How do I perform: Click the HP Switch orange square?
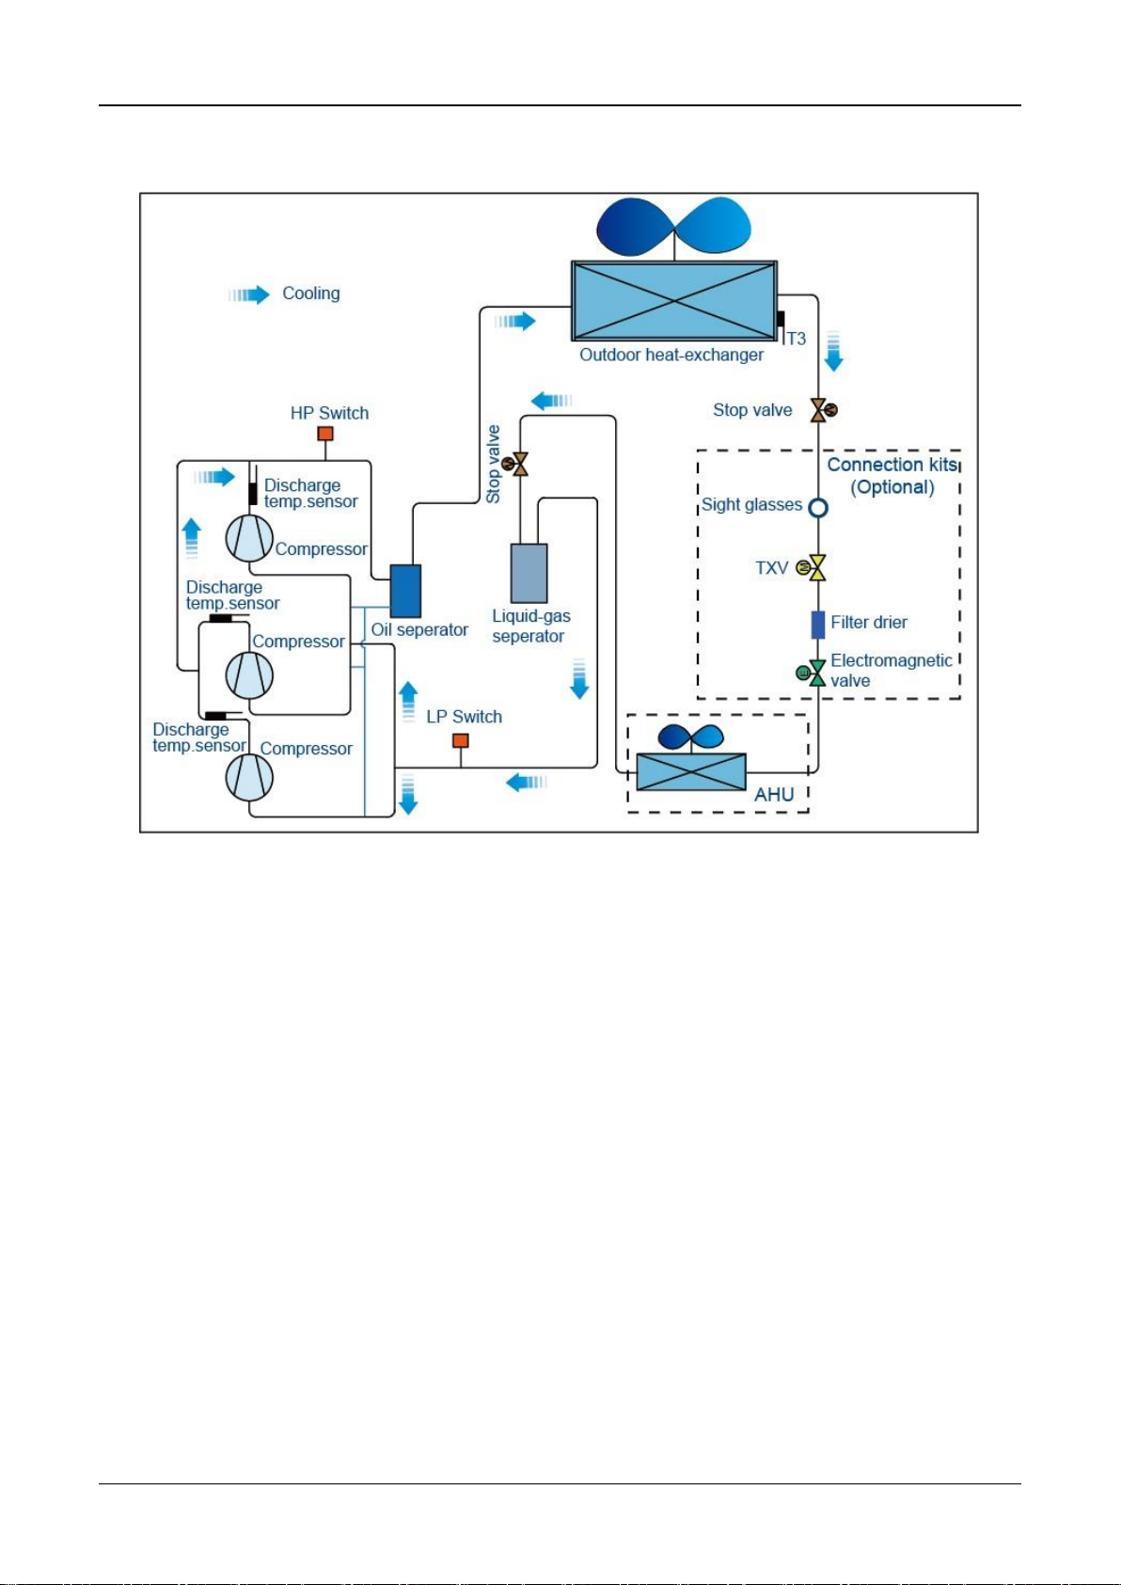[x=324, y=433]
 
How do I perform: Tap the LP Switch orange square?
[x=461, y=741]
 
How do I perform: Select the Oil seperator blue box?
[x=406, y=591]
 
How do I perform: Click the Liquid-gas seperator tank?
[x=529, y=573]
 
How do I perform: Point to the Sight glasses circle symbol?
[x=818, y=508]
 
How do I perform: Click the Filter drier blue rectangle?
[x=817, y=625]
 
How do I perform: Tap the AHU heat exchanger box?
[x=691, y=772]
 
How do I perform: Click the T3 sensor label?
[x=797, y=340]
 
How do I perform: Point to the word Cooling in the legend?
[x=311, y=293]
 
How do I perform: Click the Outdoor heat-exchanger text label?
[x=671, y=355]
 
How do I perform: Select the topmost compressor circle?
[x=249, y=538]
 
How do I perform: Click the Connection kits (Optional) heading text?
[x=892, y=476]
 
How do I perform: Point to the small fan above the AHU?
[x=691, y=737]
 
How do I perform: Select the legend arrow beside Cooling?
[x=249, y=294]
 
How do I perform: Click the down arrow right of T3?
[x=834, y=351]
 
